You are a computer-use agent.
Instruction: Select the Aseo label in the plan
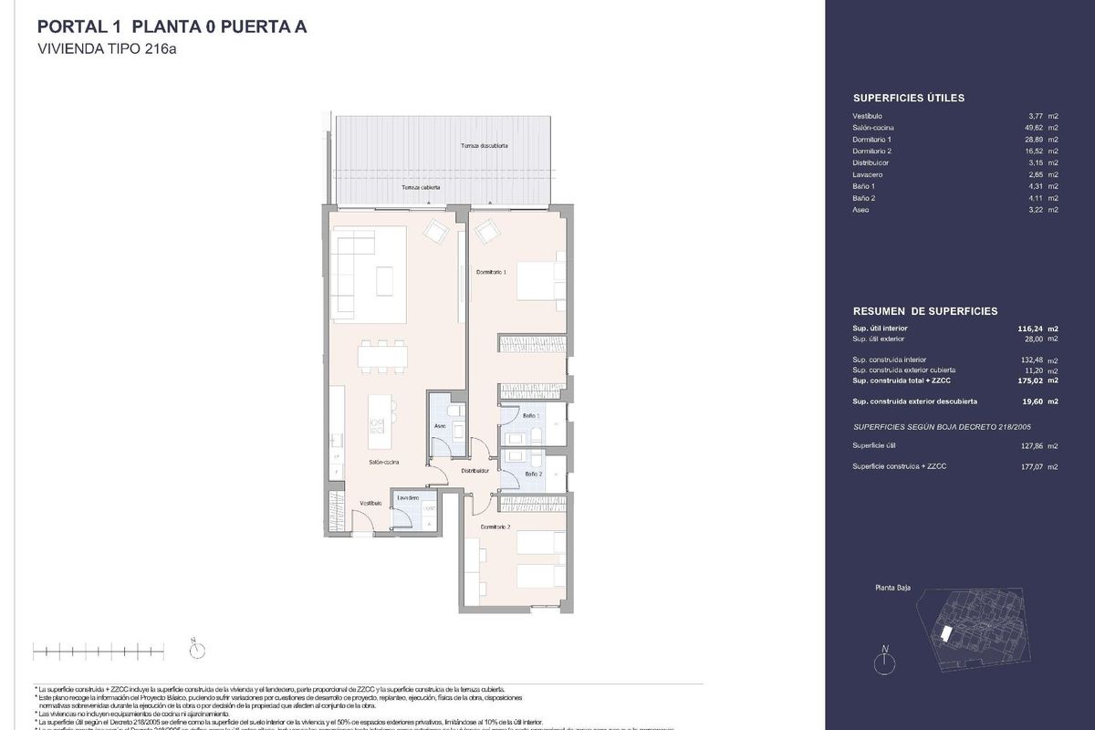[439, 426]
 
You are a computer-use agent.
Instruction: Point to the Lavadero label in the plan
[408, 497]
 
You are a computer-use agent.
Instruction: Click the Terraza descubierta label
[484, 146]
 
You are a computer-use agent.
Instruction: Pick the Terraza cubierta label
[422, 187]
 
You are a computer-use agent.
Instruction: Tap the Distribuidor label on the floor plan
[474, 471]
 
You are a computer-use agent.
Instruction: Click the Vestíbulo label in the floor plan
[370, 503]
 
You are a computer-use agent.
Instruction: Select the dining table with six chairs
[383, 356]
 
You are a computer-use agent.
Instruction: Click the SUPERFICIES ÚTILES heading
[908, 98]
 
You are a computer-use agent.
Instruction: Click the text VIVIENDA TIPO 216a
[106, 50]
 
